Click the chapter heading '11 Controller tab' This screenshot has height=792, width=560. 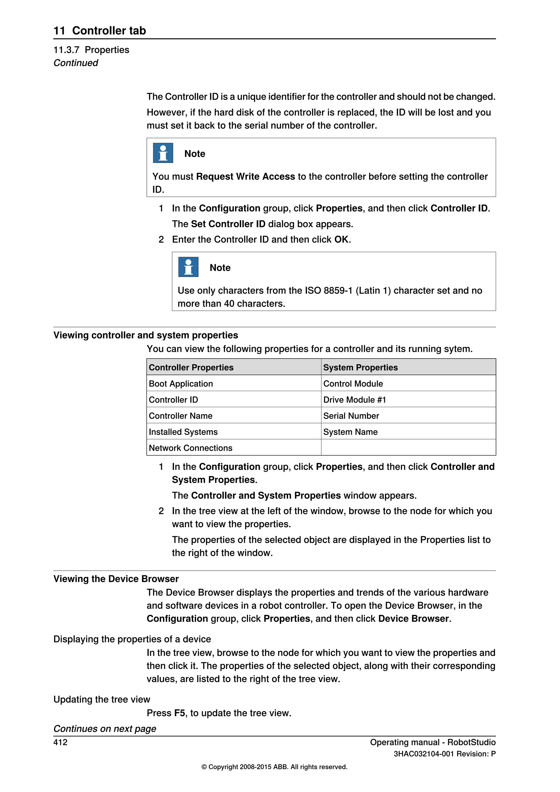[x=100, y=30]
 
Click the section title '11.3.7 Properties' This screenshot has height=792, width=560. [x=91, y=50]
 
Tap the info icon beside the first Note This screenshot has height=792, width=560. [x=163, y=153]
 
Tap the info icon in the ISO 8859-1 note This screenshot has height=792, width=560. [x=188, y=267]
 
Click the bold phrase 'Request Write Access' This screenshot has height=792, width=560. [x=246, y=176]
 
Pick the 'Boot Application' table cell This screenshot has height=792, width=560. [x=181, y=384]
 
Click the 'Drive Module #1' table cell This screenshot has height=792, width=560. [x=354, y=400]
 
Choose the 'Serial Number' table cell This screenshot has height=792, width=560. [x=351, y=416]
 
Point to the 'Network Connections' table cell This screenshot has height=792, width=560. [x=190, y=448]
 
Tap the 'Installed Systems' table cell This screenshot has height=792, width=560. [x=183, y=432]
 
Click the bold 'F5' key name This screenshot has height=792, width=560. [x=179, y=713]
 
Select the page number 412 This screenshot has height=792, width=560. [x=60, y=742]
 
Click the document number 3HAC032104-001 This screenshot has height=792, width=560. [x=424, y=754]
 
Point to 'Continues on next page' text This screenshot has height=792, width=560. [x=105, y=729]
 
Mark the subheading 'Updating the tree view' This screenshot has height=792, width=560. [x=102, y=699]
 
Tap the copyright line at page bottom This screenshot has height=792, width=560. [x=274, y=767]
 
